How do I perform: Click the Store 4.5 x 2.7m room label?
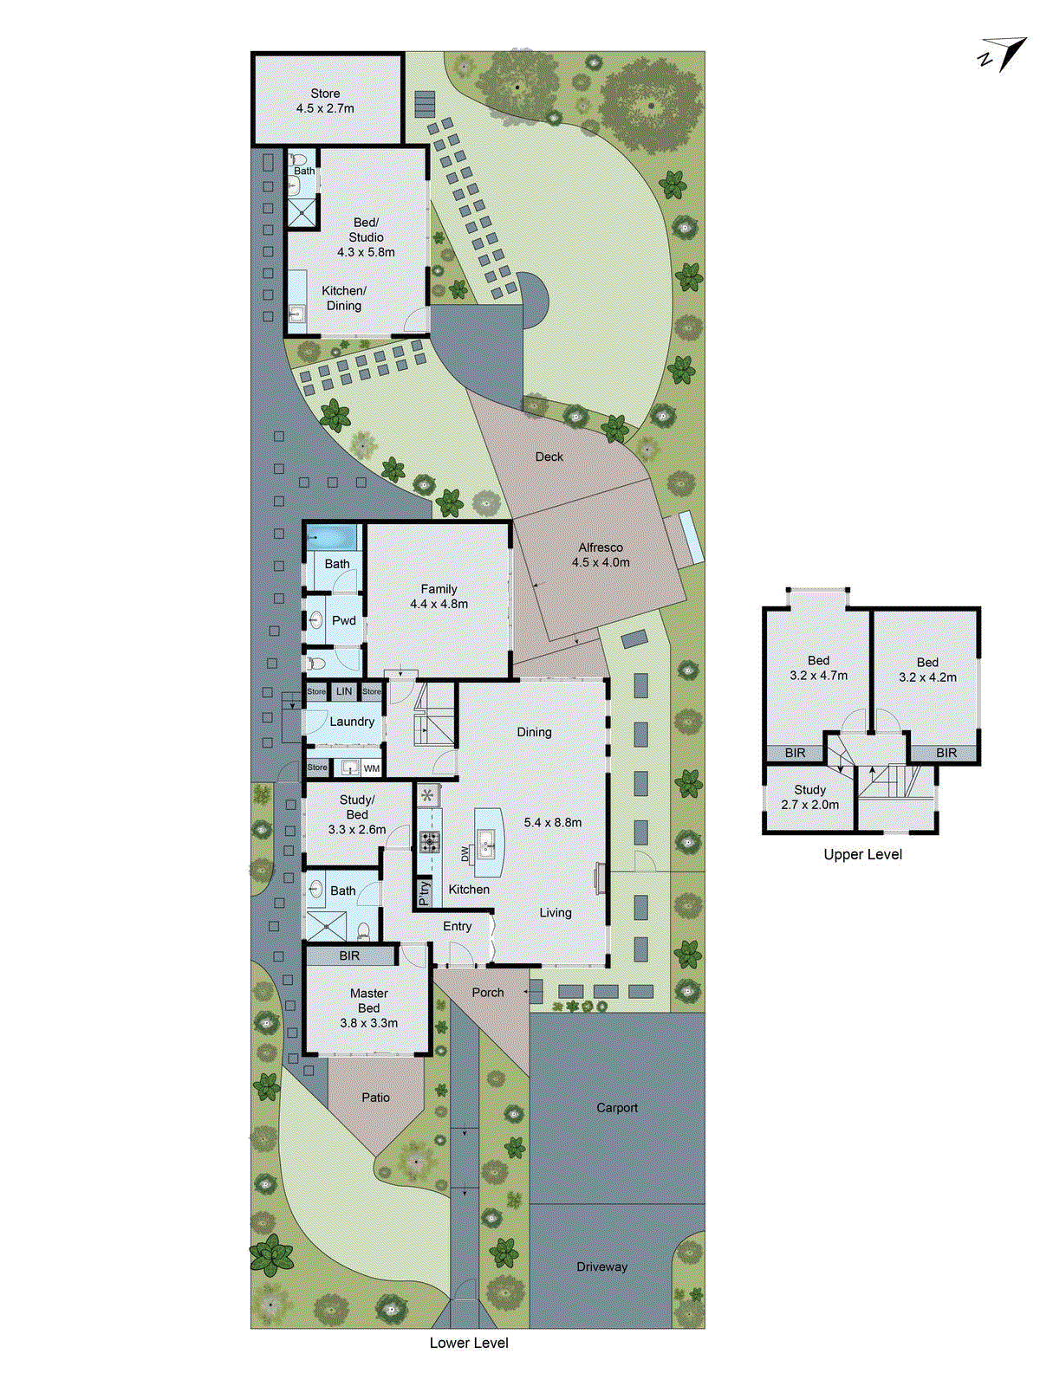pyautogui.click(x=325, y=100)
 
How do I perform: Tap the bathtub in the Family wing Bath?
pyautogui.click(x=333, y=537)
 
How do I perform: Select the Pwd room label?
pyautogui.click(x=343, y=620)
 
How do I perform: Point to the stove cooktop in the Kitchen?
pyautogui.click(x=429, y=840)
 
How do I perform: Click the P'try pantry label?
pyautogui.click(x=424, y=892)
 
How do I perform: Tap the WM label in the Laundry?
pyautogui.click(x=371, y=768)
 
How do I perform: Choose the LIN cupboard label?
pyautogui.click(x=344, y=691)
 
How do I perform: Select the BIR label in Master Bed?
pyautogui.click(x=349, y=955)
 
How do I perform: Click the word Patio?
pyautogui.click(x=375, y=1098)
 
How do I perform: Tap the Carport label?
pyautogui.click(x=616, y=1108)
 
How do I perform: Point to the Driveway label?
pyautogui.click(x=601, y=1266)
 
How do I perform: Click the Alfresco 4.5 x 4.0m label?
pyautogui.click(x=601, y=554)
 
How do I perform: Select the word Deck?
pyautogui.click(x=549, y=457)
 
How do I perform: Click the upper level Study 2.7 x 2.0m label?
pyautogui.click(x=809, y=797)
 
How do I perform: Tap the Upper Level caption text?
pyautogui.click(x=862, y=854)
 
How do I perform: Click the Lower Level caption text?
pyautogui.click(x=469, y=1343)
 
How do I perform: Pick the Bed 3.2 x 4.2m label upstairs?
pyautogui.click(x=927, y=670)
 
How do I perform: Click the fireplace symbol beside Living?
pyautogui.click(x=599, y=877)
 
